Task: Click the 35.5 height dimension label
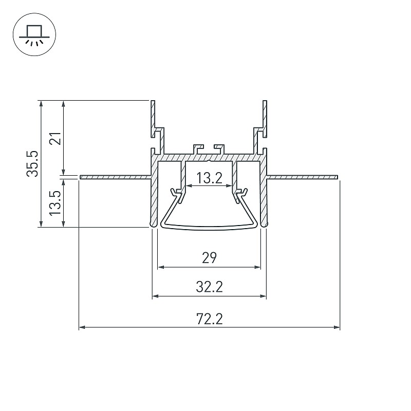[33, 163]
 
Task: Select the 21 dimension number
[56, 138]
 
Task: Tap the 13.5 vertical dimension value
[55, 203]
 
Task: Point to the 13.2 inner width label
[209, 178]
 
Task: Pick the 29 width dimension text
[209, 258]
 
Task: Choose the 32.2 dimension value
[209, 287]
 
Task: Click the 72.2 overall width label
[209, 319]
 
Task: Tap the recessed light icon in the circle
[34, 35]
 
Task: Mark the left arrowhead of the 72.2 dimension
[82, 327]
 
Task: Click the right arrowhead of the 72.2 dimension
[337, 327]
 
